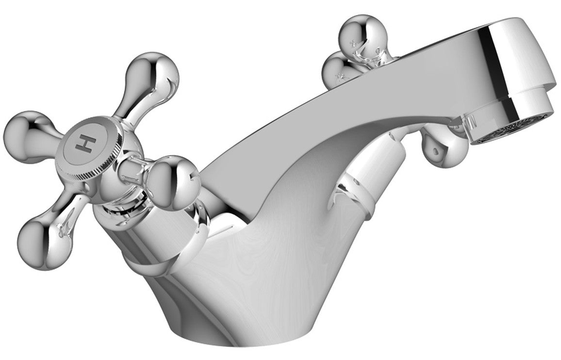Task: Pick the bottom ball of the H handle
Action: (x=41, y=247)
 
